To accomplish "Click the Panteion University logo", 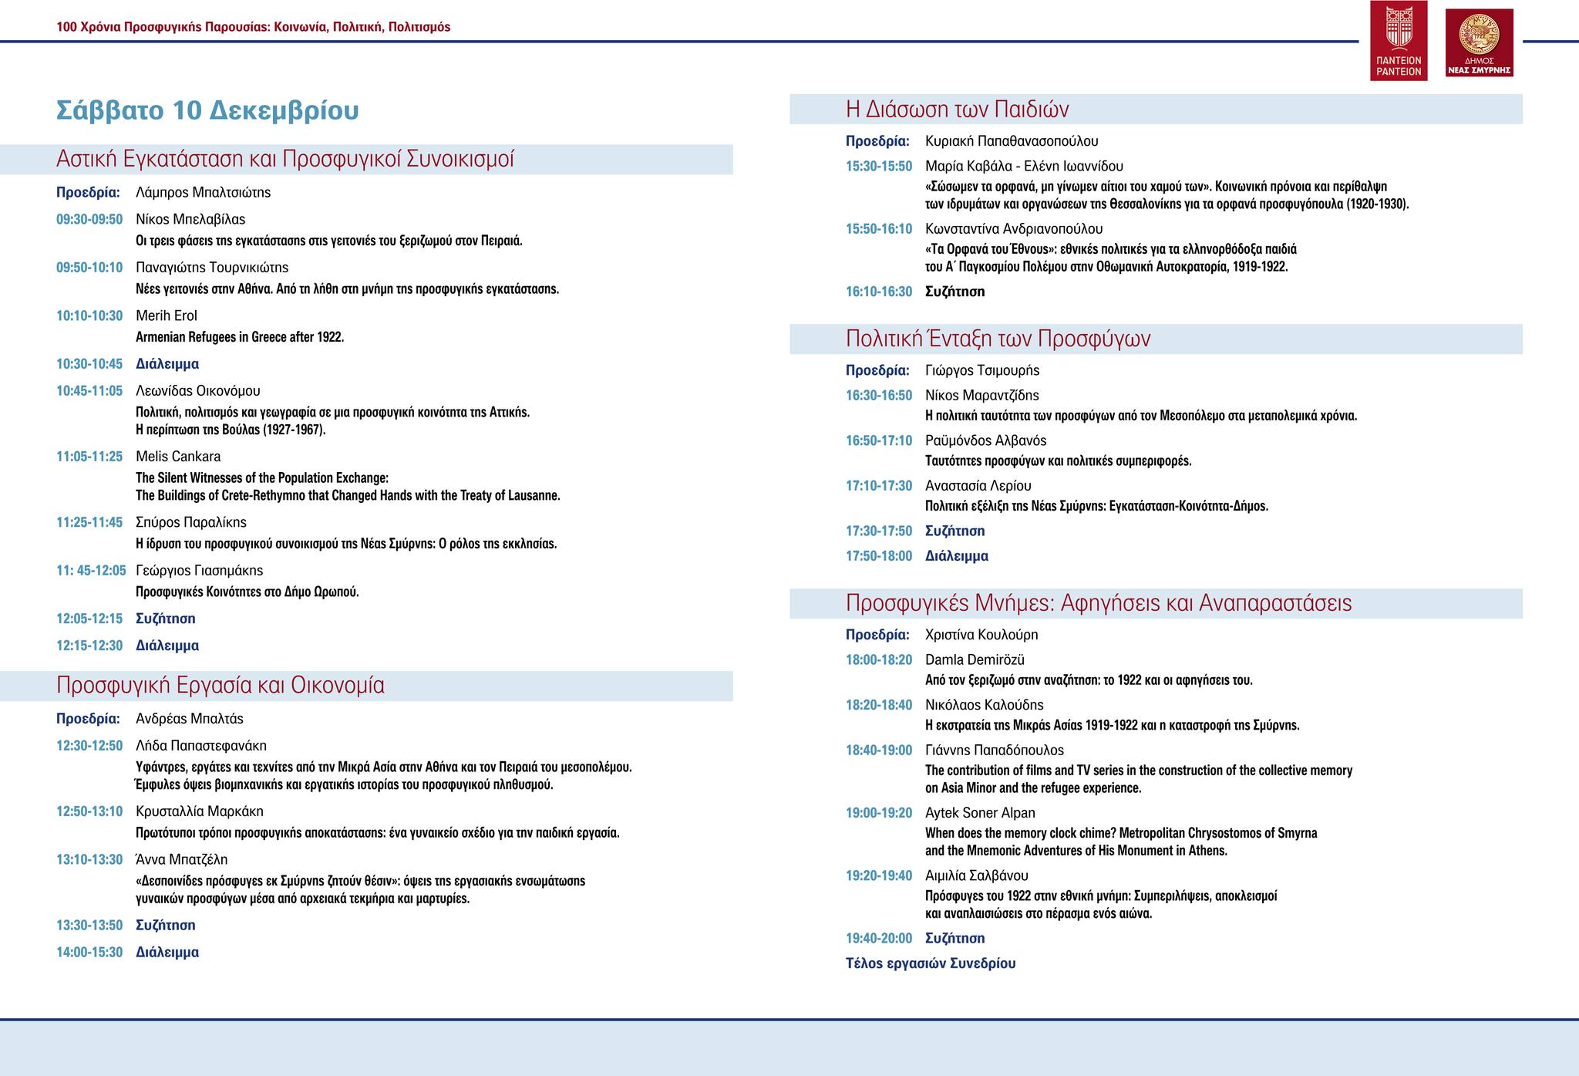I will pyautogui.click(x=1398, y=40).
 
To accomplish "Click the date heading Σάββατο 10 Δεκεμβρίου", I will pyautogui.click(x=207, y=111).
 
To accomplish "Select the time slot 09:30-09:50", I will pyautogui.click(x=89, y=219).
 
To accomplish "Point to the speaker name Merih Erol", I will pyautogui.click(x=167, y=315).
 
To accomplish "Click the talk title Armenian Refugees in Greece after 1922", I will pyautogui.click(x=240, y=337).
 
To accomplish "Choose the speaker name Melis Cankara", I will pyautogui.click(x=178, y=457).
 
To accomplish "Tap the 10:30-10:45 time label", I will pyautogui.click(x=89, y=364).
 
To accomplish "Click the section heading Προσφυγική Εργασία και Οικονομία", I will pyautogui.click(x=221, y=686).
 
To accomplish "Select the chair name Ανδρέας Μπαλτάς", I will pyautogui.click(x=190, y=719).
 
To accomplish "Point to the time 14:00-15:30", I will pyautogui.click(x=89, y=953).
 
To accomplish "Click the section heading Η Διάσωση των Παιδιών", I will pyautogui.click(x=957, y=110).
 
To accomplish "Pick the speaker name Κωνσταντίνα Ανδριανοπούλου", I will pyautogui.click(x=1014, y=229).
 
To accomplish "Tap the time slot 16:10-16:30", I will pyautogui.click(x=879, y=292).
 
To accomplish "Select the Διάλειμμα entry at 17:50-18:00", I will pyautogui.click(x=957, y=556).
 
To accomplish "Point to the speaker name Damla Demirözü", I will pyautogui.click(x=975, y=660).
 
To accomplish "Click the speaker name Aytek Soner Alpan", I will pyautogui.click(x=980, y=813).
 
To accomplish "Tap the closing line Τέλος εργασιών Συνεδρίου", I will pyautogui.click(x=931, y=963).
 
